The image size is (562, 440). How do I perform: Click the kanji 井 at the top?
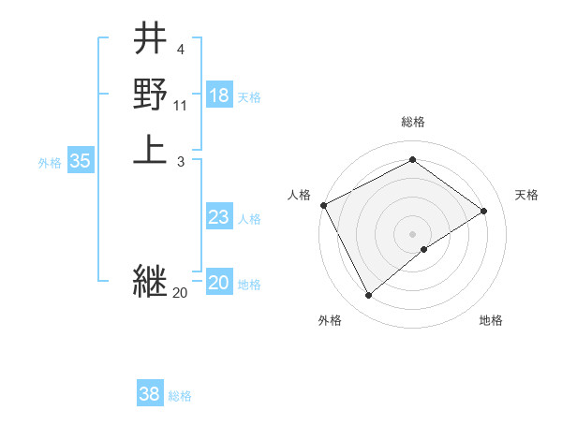click(x=150, y=40)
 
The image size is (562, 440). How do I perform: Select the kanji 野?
click(x=150, y=95)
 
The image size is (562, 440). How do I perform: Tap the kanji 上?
click(x=150, y=149)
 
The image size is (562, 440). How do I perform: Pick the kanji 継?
click(x=150, y=280)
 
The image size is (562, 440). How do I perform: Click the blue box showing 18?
click(x=219, y=95)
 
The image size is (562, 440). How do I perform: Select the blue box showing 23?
click(x=219, y=217)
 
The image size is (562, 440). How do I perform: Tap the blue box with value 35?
click(x=81, y=161)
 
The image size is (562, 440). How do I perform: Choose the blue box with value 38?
click(x=150, y=394)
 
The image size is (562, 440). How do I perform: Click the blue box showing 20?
click(x=219, y=283)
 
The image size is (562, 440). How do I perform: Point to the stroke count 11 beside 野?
click(x=181, y=106)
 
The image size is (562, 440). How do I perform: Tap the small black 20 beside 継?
click(x=180, y=292)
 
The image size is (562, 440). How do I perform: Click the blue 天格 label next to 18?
click(x=249, y=97)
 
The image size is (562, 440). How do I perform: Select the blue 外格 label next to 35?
click(x=50, y=163)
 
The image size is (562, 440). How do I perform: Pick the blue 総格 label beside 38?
click(x=180, y=396)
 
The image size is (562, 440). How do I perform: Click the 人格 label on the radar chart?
click(x=300, y=194)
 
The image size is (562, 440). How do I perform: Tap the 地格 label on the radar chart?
click(x=491, y=320)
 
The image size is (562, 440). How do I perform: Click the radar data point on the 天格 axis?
click(x=484, y=211)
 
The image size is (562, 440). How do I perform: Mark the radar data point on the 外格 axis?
click(x=369, y=296)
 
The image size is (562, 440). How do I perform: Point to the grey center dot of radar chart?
click(x=412, y=234)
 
